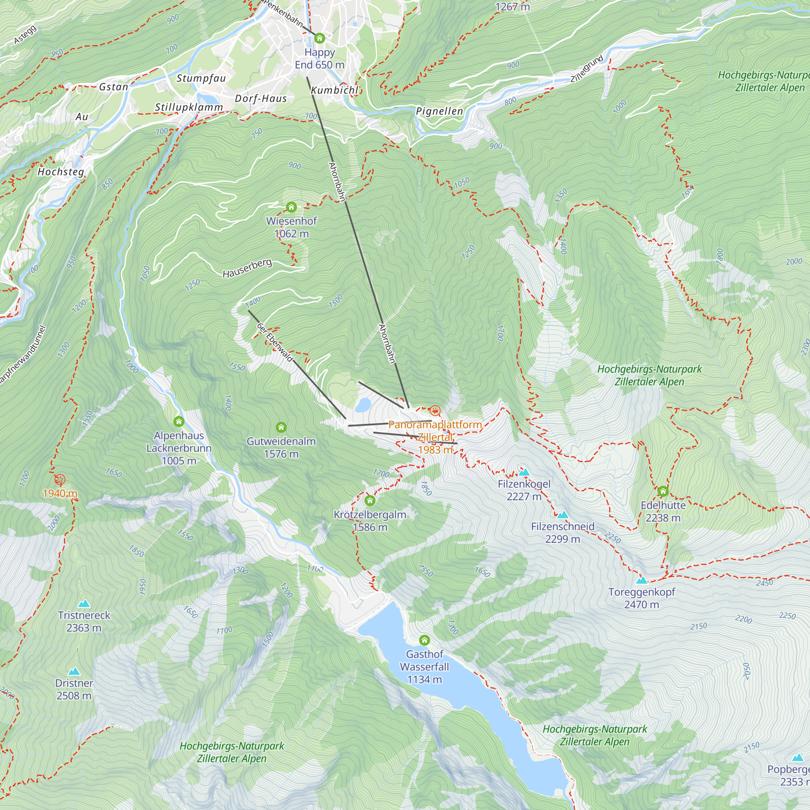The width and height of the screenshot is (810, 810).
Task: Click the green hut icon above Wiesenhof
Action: point(291,207)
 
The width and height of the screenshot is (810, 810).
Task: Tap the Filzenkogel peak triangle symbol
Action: point(524,473)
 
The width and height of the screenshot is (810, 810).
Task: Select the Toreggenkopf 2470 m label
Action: point(642,598)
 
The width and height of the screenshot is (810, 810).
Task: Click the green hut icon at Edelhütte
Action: point(663,491)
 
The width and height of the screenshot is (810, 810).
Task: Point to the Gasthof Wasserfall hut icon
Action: point(424,640)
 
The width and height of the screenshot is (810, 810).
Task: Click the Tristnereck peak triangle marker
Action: point(84,604)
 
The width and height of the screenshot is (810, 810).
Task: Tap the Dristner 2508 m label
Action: point(74,689)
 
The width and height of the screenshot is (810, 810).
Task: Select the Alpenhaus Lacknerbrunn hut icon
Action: point(179,421)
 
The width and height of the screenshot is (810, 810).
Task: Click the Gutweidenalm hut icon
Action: point(281,427)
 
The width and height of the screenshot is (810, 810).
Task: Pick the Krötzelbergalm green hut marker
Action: point(370,501)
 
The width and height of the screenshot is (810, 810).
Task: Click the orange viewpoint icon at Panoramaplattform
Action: point(435,410)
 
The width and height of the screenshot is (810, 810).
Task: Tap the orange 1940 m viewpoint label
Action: point(60,493)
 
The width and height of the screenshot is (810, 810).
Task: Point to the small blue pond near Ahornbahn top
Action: point(363,405)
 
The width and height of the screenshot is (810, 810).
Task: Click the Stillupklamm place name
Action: point(189,107)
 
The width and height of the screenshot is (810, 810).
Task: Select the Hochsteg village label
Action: point(61,172)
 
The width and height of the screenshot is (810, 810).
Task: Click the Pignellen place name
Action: point(439,111)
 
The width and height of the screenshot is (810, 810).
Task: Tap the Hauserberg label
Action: point(247,269)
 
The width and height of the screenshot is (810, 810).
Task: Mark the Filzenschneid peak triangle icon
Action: point(562,515)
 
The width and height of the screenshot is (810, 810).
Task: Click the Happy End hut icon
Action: point(320,38)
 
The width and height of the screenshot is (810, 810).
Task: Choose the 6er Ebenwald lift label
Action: point(275,342)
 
